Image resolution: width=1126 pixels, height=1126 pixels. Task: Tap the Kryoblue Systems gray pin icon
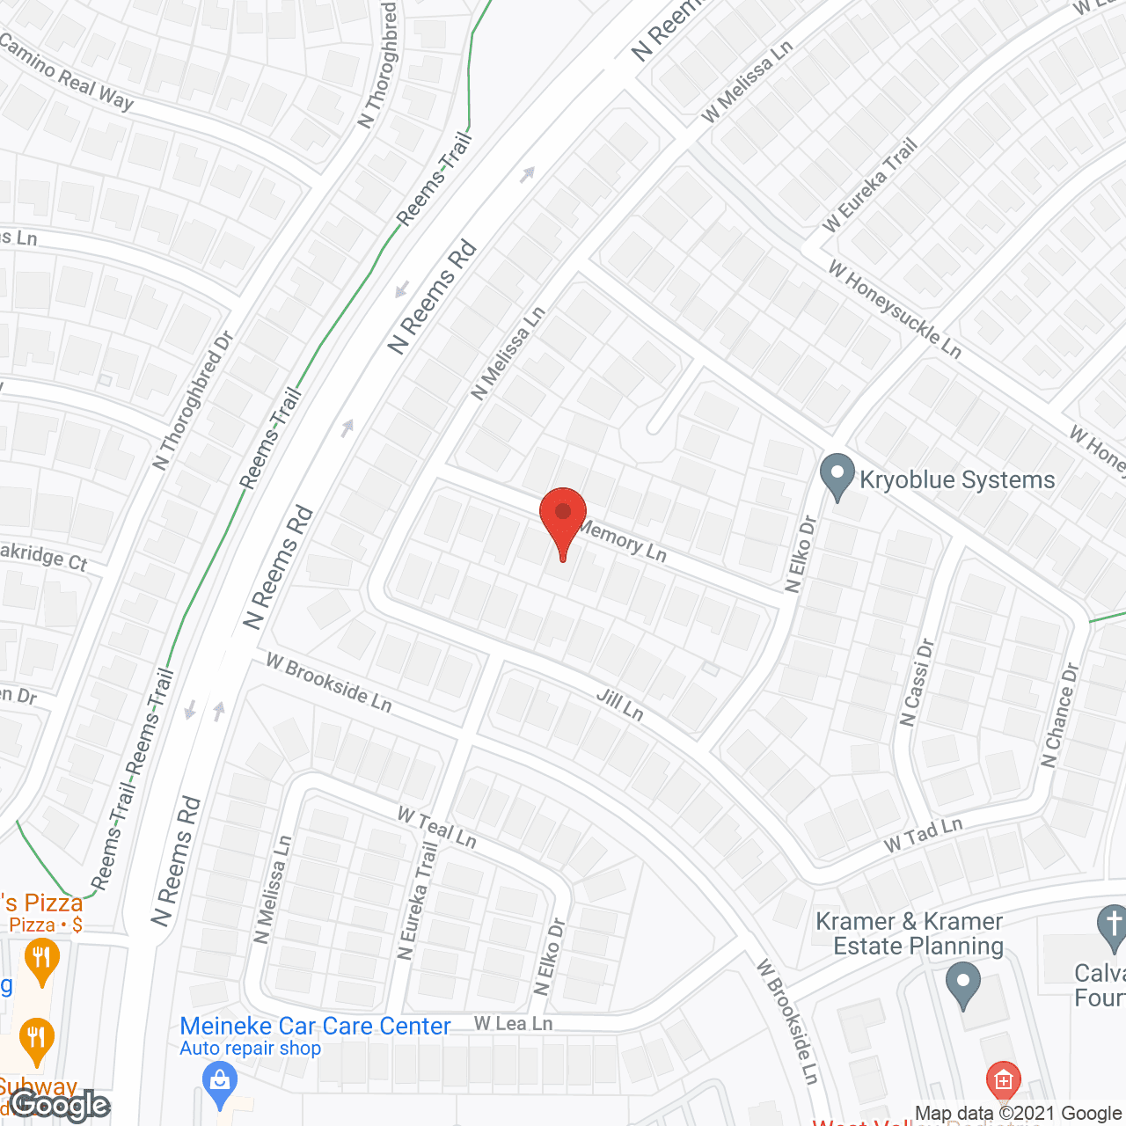pos(837,476)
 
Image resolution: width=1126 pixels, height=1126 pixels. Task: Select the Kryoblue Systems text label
pos(957,479)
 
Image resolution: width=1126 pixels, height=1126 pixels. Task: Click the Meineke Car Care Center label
pos(315,1026)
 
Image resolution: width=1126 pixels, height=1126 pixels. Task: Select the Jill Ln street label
pos(620,704)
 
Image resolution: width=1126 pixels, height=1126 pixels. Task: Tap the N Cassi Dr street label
pos(917,683)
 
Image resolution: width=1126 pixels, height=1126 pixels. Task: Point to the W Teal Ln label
pos(436,828)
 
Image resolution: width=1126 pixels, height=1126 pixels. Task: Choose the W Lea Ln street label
pos(514,1023)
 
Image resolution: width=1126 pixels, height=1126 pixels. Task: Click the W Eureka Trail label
pos(870,186)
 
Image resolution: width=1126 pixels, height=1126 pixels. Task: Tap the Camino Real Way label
pos(67,72)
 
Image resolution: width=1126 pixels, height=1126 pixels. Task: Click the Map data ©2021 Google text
pos(1019,1114)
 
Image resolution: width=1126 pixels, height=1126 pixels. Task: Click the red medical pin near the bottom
pos(1004,1078)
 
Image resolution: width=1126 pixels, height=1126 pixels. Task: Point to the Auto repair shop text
pos(250,1049)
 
